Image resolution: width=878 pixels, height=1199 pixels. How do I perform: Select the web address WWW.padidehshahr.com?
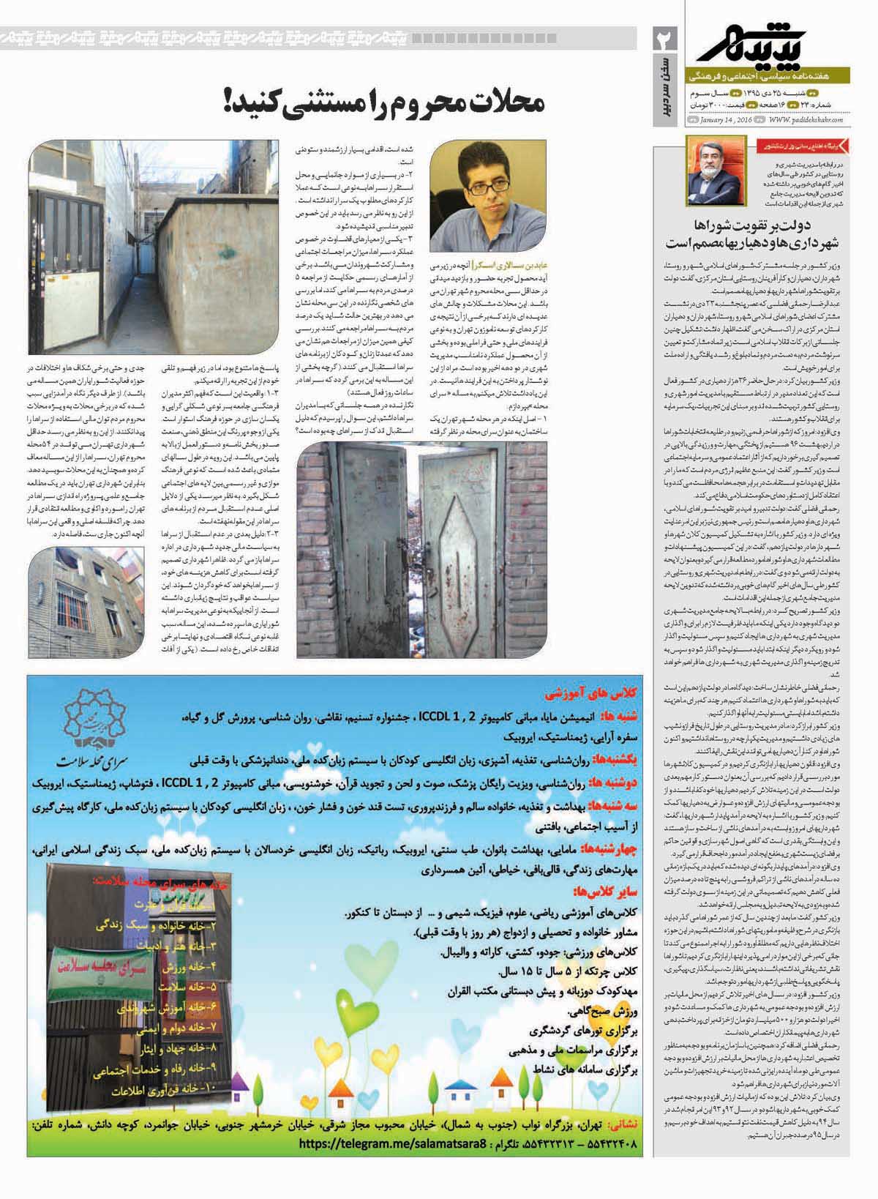tap(806, 120)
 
